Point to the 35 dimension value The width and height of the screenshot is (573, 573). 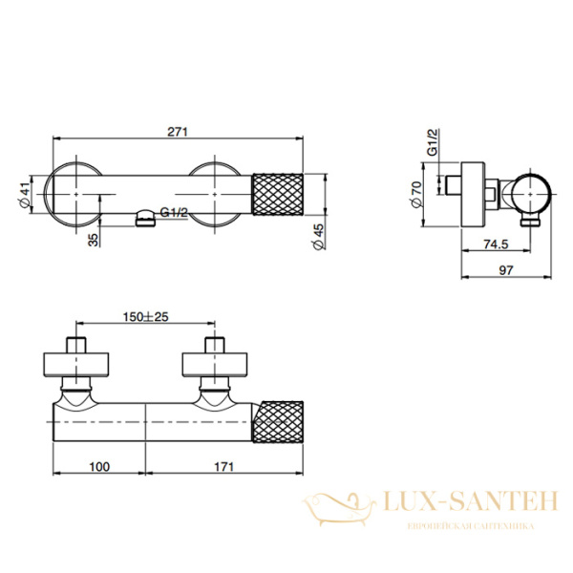coord(93,240)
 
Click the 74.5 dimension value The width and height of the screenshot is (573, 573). coord(494,244)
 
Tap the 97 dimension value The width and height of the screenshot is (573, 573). coord(506,271)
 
